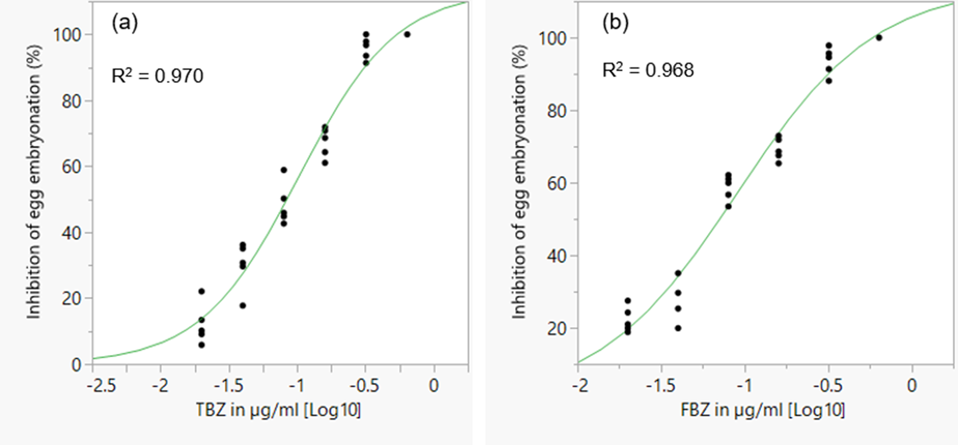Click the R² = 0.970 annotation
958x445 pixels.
pyautogui.click(x=157, y=76)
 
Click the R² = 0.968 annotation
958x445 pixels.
pyautogui.click(x=648, y=70)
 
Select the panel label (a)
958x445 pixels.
pyautogui.click(x=125, y=22)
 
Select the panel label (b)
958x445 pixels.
pyautogui.click(x=615, y=22)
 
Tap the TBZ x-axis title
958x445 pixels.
pyautogui.click(x=278, y=410)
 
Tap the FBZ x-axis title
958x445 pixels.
pyautogui.click(x=762, y=410)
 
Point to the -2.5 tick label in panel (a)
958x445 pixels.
pyautogui.click(x=101, y=385)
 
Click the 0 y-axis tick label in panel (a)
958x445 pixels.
pyautogui.click(x=76, y=365)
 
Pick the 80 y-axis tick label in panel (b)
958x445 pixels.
pyautogui.click(x=556, y=111)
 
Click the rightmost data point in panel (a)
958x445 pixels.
pyautogui.click(x=407, y=34)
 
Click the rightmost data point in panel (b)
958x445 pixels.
pyautogui.click(x=879, y=38)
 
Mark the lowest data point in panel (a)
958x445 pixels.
pyautogui.click(x=201, y=345)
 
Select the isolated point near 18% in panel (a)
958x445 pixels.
pyautogui.click(x=243, y=306)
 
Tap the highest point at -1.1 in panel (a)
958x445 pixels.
pyautogui.click(x=284, y=170)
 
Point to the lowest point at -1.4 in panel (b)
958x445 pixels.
pyautogui.click(x=678, y=328)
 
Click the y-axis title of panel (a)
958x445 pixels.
pyautogui.click(x=34, y=181)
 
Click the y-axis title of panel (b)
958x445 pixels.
pyautogui.click(x=519, y=181)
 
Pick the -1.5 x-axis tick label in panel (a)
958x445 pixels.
pyautogui.click(x=229, y=385)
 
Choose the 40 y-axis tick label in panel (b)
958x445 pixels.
pyautogui.click(x=556, y=256)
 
